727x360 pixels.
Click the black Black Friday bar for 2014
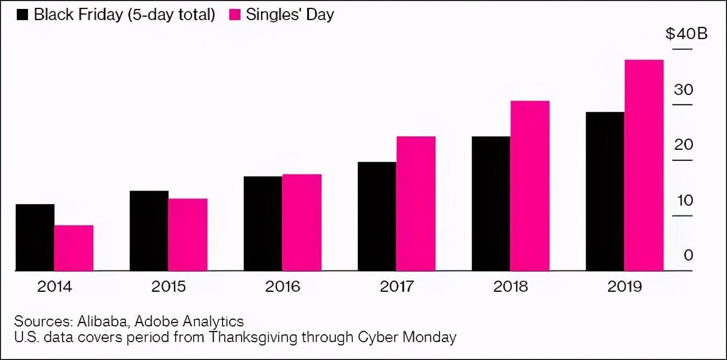point(35,238)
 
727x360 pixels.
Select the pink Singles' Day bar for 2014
point(74,248)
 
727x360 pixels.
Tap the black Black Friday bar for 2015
point(149,231)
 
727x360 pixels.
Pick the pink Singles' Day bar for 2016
point(302,222)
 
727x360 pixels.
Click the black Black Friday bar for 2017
point(377,216)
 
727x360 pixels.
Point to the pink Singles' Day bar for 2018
point(530,186)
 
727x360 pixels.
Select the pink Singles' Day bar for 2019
point(644,165)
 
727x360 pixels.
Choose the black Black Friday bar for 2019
point(605,191)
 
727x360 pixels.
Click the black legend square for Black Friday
point(23,15)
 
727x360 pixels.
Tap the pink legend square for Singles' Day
point(235,15)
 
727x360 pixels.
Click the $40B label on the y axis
point(686,34)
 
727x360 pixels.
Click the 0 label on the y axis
point(688,255)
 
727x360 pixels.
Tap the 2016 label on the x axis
point(282,287)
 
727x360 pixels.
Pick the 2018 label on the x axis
point(511,287)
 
